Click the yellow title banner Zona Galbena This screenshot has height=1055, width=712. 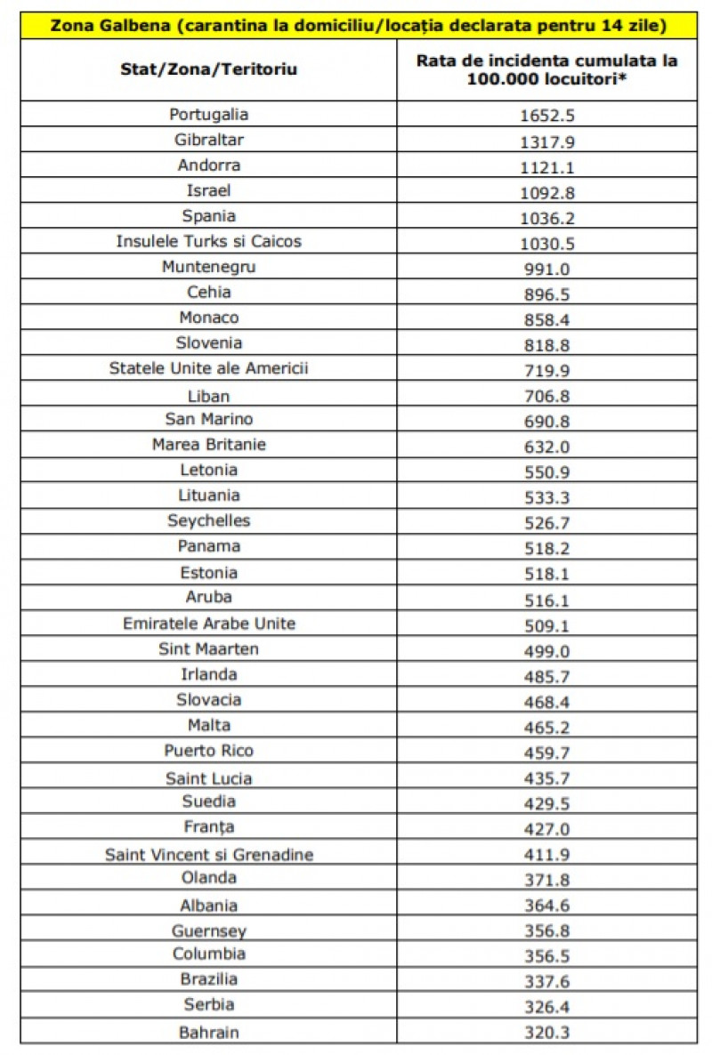pos(358,26)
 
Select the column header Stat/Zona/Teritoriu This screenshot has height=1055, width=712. pos(209,68)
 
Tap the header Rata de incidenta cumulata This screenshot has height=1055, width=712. pos(546,69)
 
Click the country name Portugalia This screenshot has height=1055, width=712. pos(209,114)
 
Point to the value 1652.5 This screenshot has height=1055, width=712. pos(546,116)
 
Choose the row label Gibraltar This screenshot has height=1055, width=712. pos(209,140)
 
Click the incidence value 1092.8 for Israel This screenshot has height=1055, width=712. pos(546,191)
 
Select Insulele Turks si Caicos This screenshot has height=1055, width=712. pos(209,241)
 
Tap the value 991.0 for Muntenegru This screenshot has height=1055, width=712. pos(546,268)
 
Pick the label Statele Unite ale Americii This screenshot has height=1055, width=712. pos(209,368)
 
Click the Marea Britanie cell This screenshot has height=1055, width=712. pos(209,444)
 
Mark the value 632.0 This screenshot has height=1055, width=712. pos(546,446)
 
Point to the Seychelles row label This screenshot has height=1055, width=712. pos(209,520)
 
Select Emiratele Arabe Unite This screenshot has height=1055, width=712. pos(209,624)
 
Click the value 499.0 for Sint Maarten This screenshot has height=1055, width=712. pos(546,650)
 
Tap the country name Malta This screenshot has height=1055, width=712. pos(209,725)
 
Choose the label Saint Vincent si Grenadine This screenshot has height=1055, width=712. pos(209,855)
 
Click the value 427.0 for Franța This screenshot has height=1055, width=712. pos(546,829)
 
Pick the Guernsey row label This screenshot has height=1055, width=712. pos(209,931)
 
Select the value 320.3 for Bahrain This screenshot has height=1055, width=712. pos(546,1033)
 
